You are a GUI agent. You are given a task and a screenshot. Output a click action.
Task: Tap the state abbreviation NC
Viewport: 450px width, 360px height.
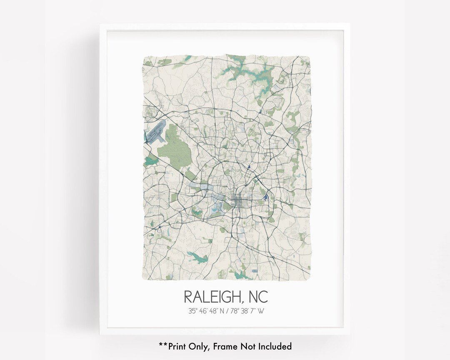pos(257,297)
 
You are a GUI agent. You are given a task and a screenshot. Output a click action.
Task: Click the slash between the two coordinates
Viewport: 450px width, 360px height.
pos(227,310)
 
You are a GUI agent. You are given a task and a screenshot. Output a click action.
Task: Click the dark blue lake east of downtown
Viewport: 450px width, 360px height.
pos(265,200)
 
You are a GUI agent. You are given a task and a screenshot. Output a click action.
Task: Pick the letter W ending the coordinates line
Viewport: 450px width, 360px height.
pos(262,310)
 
